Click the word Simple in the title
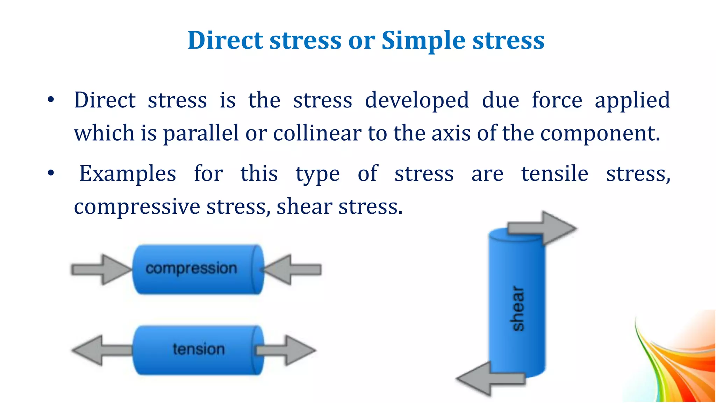tap(423, 41)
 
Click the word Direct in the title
tap(225, 40)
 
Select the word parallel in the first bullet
tap(201, 133)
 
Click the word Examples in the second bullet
tap(128, 174)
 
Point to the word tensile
tap(554, 174)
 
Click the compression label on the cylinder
tap(191, 268)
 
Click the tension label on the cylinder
tap(199, 349)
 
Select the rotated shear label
tap(517, 309)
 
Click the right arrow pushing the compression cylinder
tap(292, 270)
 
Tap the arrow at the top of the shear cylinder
tap(542, 228)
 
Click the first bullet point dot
tap(51, 100)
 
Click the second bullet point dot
tap(51, 173)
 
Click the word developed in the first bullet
tap(417, 100)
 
